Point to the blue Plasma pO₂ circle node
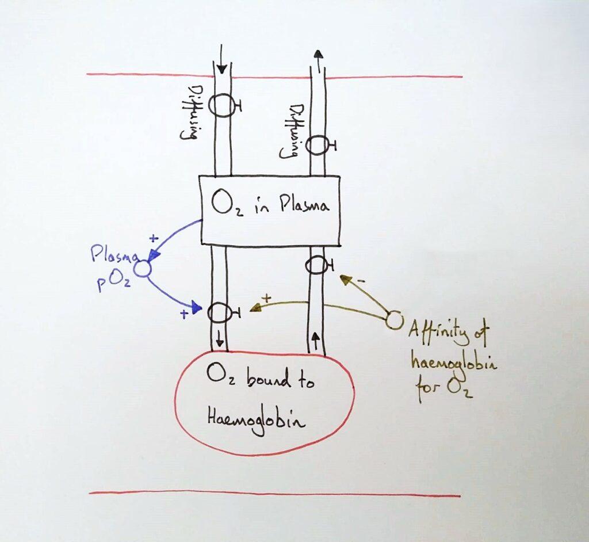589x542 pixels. click(142, 268)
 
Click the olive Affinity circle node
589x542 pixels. click(394, 320)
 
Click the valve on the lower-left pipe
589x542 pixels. click(219, 312)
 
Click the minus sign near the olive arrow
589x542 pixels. click(361, 280)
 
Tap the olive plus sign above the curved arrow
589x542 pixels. click(266, 299)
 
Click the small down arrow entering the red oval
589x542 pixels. click(219, 341)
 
